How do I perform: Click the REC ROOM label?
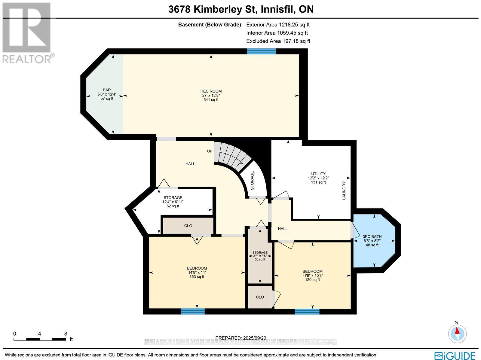pyautogui.click(x=211, y=95)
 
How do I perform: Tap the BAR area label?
pyautogui.click(x=107, y=94)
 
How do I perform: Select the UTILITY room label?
pyautogui.click(x=318, y=178)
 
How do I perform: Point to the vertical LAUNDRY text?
pyautogui.click(x=344, y=191)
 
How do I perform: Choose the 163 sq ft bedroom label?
pyautogui.click(x=197, y=272)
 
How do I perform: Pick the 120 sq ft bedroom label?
pyautogui.click(x=312, y=275)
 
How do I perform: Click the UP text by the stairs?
pyautogui.click(x=210, y=151)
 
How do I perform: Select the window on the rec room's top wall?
pyautogui.click(x=261, y=51)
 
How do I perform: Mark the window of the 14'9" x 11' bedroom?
pyautogui.click(x=192, y=311)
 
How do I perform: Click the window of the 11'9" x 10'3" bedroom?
pyautogui.click(x=307, y=311)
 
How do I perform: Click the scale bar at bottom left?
pyautogui.click(x=40, y=339)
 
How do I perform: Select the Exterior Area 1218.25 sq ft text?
pyautogui.click(x=278, y=25)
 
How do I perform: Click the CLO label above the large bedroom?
pyautogui.click(x=188, y=226)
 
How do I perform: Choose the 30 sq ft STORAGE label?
pyautogui.click(x=260, y=256)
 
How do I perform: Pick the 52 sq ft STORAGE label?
pyautogui.click(x=173, y=202)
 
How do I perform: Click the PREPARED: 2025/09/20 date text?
pyautogui.click(x=241, y=338)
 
